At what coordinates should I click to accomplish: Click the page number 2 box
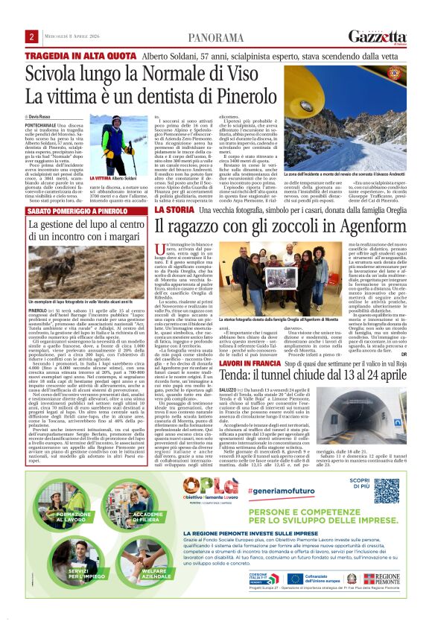(x=32, y=36)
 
